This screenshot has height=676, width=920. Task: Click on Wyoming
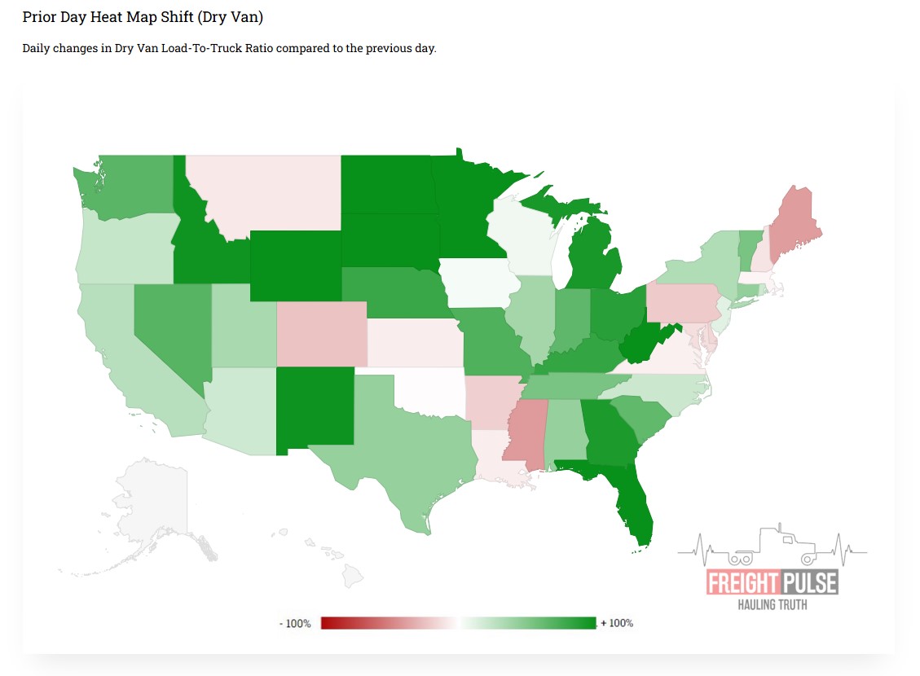[295, 266]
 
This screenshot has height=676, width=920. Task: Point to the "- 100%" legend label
[295, 624]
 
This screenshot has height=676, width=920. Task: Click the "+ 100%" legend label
[617, 624]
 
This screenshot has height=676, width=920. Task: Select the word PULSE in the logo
[808, 583]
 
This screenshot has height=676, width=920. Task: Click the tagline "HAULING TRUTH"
[772, 604]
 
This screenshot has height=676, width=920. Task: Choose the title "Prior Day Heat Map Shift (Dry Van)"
[143, 17]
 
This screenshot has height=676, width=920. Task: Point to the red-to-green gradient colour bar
[459, 624]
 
